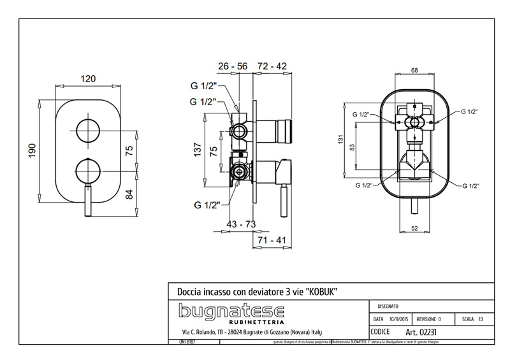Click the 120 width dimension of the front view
[x=88, y=78]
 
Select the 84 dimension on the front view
[x=129, y=195]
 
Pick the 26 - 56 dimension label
[x=232, y=66]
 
